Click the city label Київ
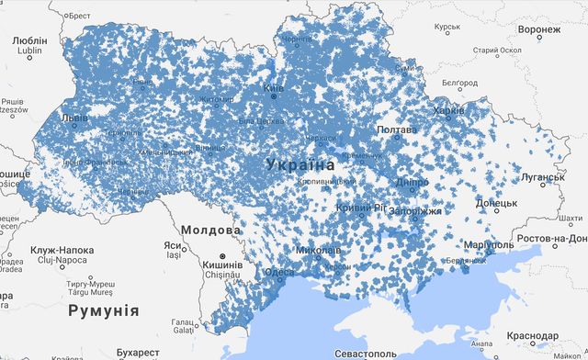pyautogui.click(x=274, y=88)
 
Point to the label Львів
pyautogui.click(x=74, y=118)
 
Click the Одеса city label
pyautogui.click(x=279, y=273)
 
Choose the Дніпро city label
pyautogui.click(x=413, y=182)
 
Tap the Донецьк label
pyautogui.click(x=497, y=203)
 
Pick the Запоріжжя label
pyautogui.click(x=417, y=211)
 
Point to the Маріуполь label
pyautogui.click(x=489, y=246)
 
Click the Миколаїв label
pyautogui.click(x=319, y=250)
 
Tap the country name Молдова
pyautogui.click(x=210, y=230)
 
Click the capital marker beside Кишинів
pyautogui.click(x=221, y=258)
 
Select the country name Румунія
pyautogui.click(x=103, y=310)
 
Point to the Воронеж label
pyautogui.click(x=538, y=30)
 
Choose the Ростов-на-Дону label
pyautogui.click(x=552, y=240)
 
